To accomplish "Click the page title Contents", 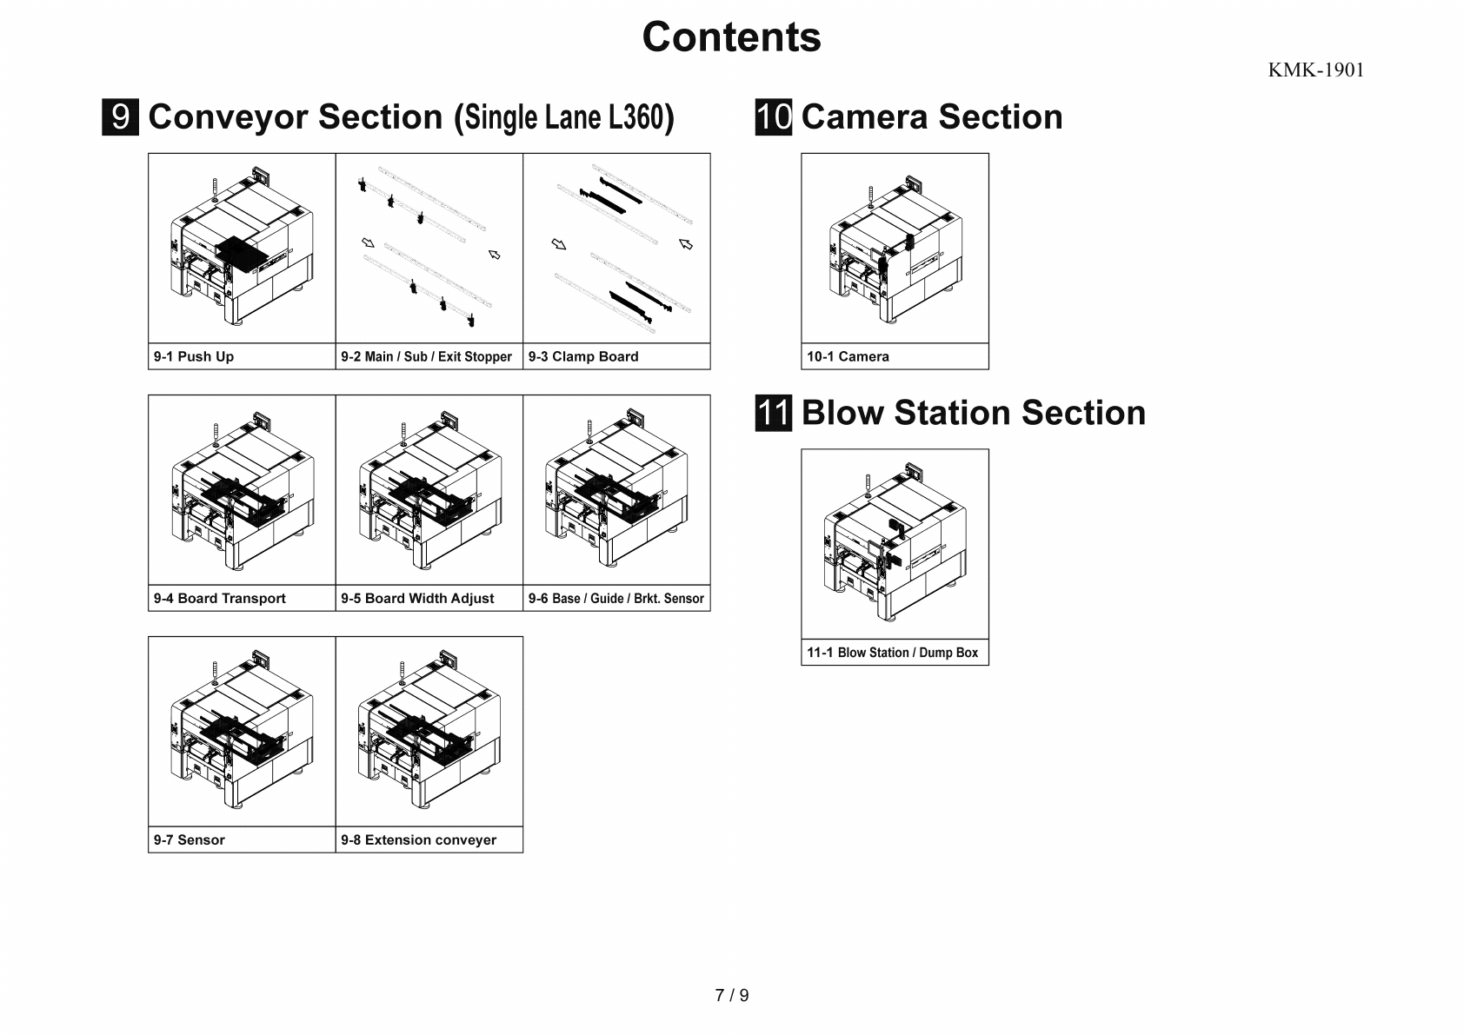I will click(x=731, y=37).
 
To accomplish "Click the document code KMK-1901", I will click(x=1315, y=70).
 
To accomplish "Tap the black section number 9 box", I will click(x=121, y=117).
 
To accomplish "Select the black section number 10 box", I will click(x=773, y=117).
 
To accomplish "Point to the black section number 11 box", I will click(x=773, y=413).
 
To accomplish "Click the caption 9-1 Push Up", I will click(x=194, y=356).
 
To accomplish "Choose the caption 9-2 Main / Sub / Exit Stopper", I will click(x=426, y=356).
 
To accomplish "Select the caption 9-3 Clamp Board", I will click(x=583, y=356).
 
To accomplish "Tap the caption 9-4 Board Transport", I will click(x=220, y=598).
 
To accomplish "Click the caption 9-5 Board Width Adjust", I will click(x=417, y=598).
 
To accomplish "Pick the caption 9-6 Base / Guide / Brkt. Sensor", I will click(x=616, y=598).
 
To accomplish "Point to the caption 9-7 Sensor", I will click(x=190, y=839).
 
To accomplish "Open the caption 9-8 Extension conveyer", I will click(x=418, y=839).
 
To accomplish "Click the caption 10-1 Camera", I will click(x=848, y=356).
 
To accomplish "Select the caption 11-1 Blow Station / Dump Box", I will click(x=892, y=653).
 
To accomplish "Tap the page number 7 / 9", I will click(x=731, y=995).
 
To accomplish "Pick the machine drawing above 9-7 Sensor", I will click(x=242, y=732).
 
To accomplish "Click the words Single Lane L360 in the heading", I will click(x=564, y=117).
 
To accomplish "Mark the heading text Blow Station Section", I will click(x=973, y=413).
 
